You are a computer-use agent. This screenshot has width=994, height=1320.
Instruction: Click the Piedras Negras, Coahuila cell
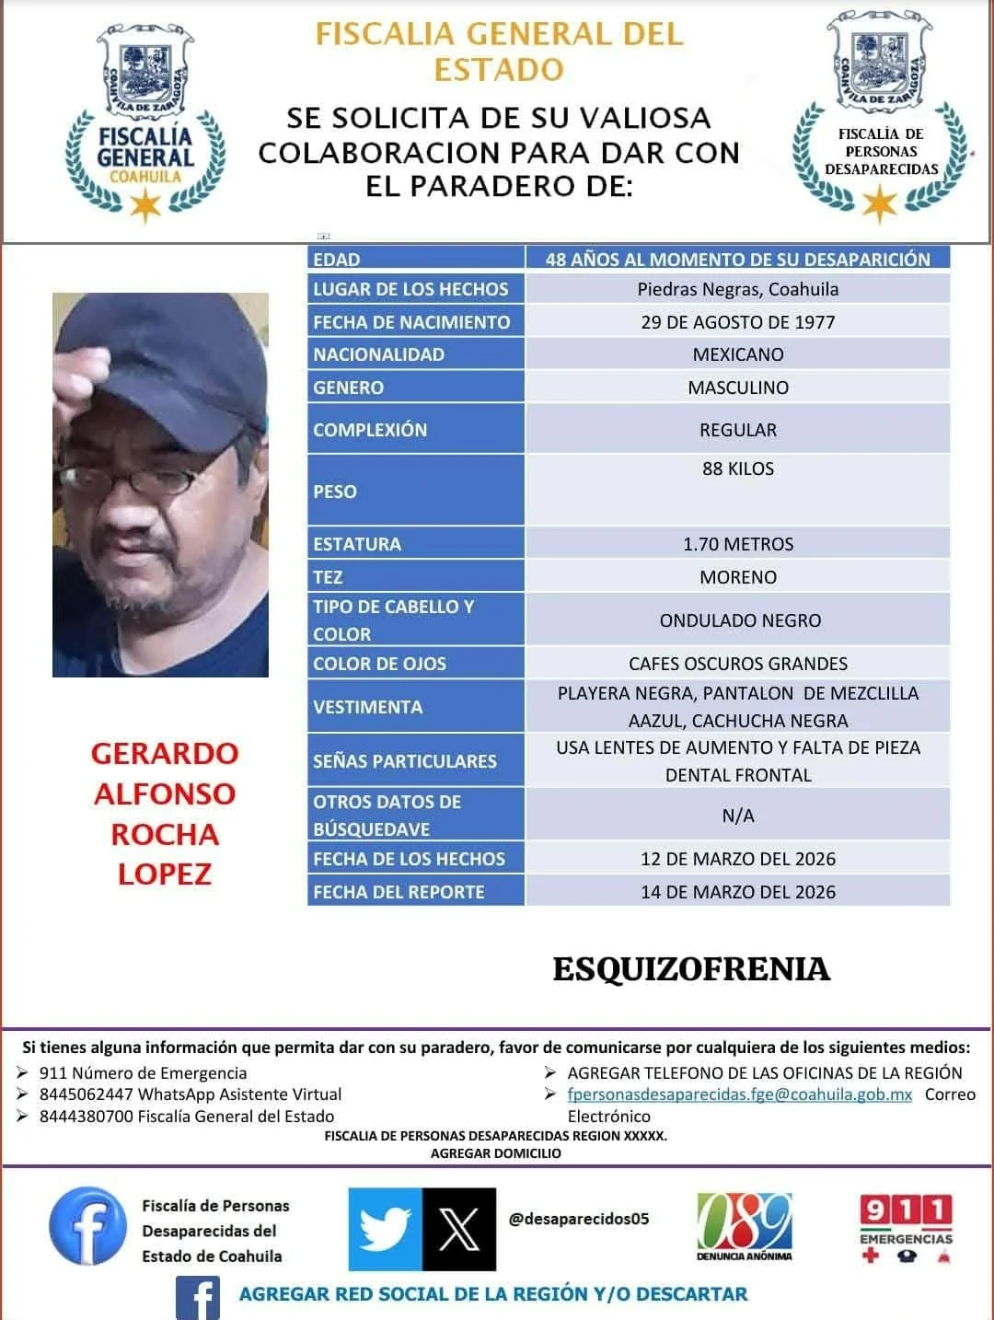point(737,289)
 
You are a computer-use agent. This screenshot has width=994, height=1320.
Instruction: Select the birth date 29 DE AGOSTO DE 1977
point(737,322)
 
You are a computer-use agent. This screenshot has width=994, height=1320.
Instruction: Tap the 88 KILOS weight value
point(737,469)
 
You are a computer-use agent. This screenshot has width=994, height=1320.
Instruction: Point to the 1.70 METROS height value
point(737,544)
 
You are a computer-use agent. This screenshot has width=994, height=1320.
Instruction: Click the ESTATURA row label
point(357,544)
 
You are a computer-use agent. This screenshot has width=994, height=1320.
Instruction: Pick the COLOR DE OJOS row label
point(379,664)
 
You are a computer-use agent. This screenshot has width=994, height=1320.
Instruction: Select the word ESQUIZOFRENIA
point(691,969)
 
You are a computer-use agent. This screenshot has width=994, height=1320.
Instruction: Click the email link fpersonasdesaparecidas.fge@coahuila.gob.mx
point(739,1094)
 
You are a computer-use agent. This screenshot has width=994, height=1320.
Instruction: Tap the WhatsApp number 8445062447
point(86,1094)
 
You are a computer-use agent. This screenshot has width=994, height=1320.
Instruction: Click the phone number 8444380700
point(86,1117)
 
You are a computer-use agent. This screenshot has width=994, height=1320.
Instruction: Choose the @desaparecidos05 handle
point(579,1219)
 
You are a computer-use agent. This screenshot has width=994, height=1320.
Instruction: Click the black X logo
point(458,1229)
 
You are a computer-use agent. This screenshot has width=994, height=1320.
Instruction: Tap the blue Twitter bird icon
point(386,1229)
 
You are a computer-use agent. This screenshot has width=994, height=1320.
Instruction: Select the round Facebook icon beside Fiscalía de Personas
point(87,1225)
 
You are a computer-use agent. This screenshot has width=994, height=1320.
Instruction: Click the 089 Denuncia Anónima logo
point(744,1228)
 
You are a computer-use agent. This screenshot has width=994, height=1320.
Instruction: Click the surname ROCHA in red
point(165,834)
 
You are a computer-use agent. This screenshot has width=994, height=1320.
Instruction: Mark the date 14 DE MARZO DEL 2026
point(737,892)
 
